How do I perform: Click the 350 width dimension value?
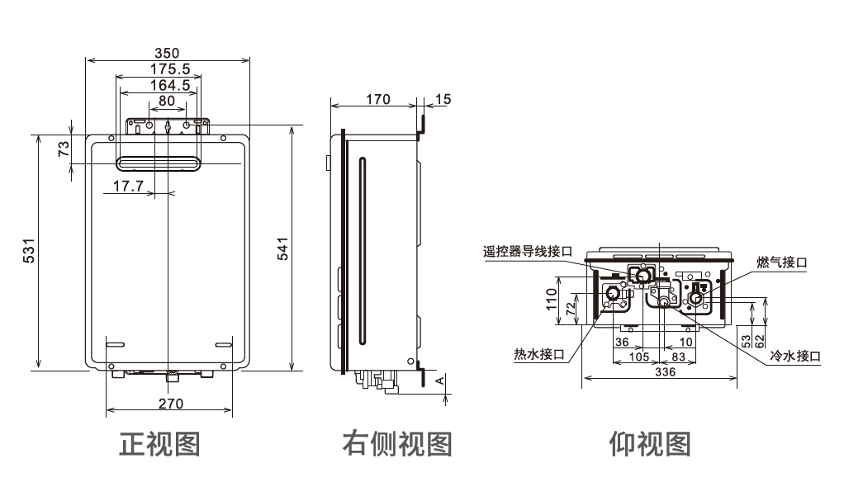[x=167, y=53]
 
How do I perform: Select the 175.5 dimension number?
[x=170, y=69]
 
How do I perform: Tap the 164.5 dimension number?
[x=170, y=85]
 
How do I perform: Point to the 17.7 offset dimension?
[x=128, y=186]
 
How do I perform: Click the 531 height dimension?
[x=29, y=250]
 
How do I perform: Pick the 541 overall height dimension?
[x=282, y=248]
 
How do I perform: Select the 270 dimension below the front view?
[x=171, y=404]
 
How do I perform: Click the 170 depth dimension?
[x=378, y=99]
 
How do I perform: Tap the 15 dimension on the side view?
[x=443, y=99]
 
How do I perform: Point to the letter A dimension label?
[x=439, y=381]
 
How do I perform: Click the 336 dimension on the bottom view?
[x=665, y=372]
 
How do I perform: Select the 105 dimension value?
[x=639, y=357]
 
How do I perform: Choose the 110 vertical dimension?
[x=552, y=300]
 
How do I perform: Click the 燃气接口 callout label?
[x=781, y=262]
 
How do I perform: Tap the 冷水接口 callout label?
[x=794, y=356]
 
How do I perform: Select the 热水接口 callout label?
[x=539, y=354]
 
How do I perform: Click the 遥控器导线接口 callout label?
[x=528, y=252]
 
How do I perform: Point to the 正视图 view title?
[x=159, y=444]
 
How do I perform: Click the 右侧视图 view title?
[x=397, y=444]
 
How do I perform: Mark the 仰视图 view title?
[x=650, y=444]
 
